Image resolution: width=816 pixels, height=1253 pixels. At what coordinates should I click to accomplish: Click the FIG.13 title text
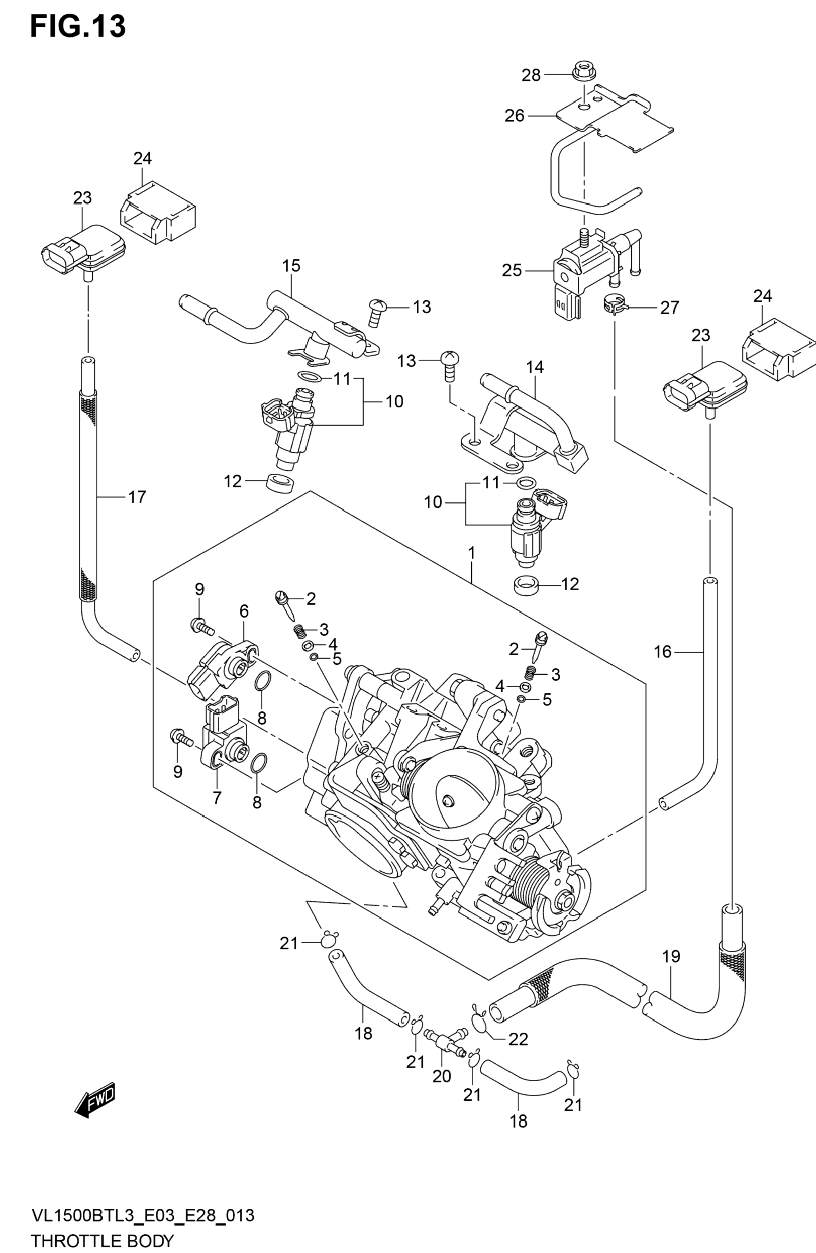[x=78, y=27]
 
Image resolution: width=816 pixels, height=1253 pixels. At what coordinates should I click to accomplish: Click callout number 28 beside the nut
[x=531, y=75]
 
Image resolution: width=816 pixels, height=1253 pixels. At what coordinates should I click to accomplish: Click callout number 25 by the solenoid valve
[x=512, y=270]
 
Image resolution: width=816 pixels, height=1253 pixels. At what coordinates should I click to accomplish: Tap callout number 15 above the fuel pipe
[x=290, y=265]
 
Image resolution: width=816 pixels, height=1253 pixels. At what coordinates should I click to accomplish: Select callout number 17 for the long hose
[x=137, y=497]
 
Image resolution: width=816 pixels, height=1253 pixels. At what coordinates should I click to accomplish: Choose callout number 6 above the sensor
[x=244, y=611]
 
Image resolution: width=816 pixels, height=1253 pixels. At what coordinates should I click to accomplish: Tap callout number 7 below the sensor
[x=217, y=798]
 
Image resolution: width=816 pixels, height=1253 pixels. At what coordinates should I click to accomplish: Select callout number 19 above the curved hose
[x=671, y=956]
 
